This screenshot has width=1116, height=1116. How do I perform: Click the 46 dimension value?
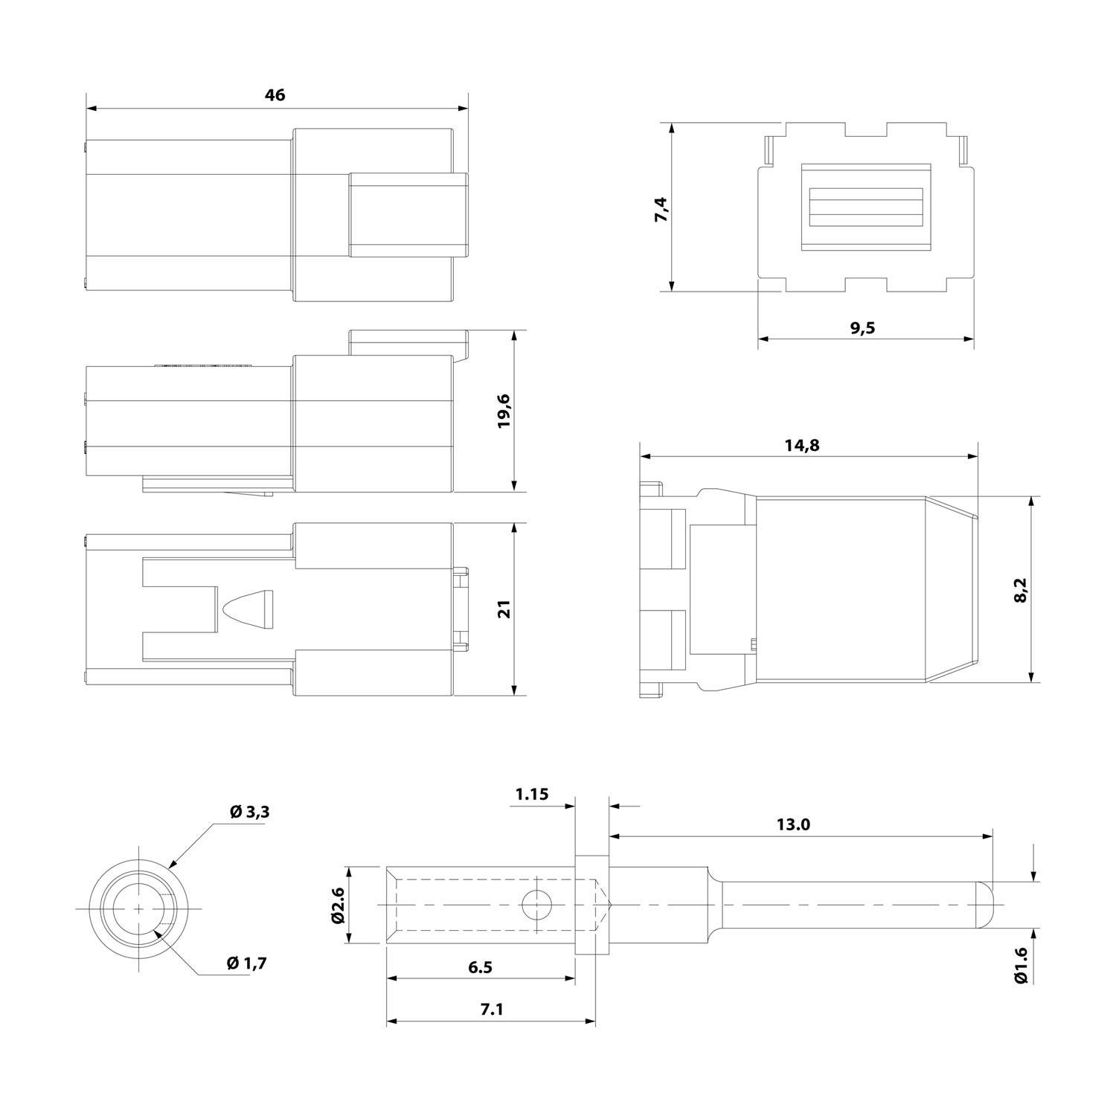pyautogui.click(x=275, y=95)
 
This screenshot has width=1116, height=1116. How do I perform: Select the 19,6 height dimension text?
pyautogui.click(x=504, y=411)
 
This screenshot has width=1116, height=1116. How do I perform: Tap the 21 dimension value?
pyautogui.click(x=504, y=609)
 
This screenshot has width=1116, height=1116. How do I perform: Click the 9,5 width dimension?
pyautogui.click(x=862, y=328)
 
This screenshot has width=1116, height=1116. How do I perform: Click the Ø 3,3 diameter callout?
pyautogui.click(x=249, y=812)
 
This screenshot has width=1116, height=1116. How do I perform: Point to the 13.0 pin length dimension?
pyautogui.click(x=792, y=824)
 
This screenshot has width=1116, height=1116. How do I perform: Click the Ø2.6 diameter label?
pyautogui.click(x=337, y=905)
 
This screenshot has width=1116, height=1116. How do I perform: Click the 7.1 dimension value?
pyautogui.click(x=492, y=1010)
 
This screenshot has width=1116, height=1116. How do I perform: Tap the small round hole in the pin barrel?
pyautogui.click(x=536, y=905)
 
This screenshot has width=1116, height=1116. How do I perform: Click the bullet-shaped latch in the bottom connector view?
pyautogui.click(x=248, y=609)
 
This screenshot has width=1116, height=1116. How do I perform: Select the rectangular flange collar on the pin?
pyautogui.click(x=592, y=905)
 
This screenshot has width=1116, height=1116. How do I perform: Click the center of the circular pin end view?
pyautogui.click(x=139, y=909)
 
